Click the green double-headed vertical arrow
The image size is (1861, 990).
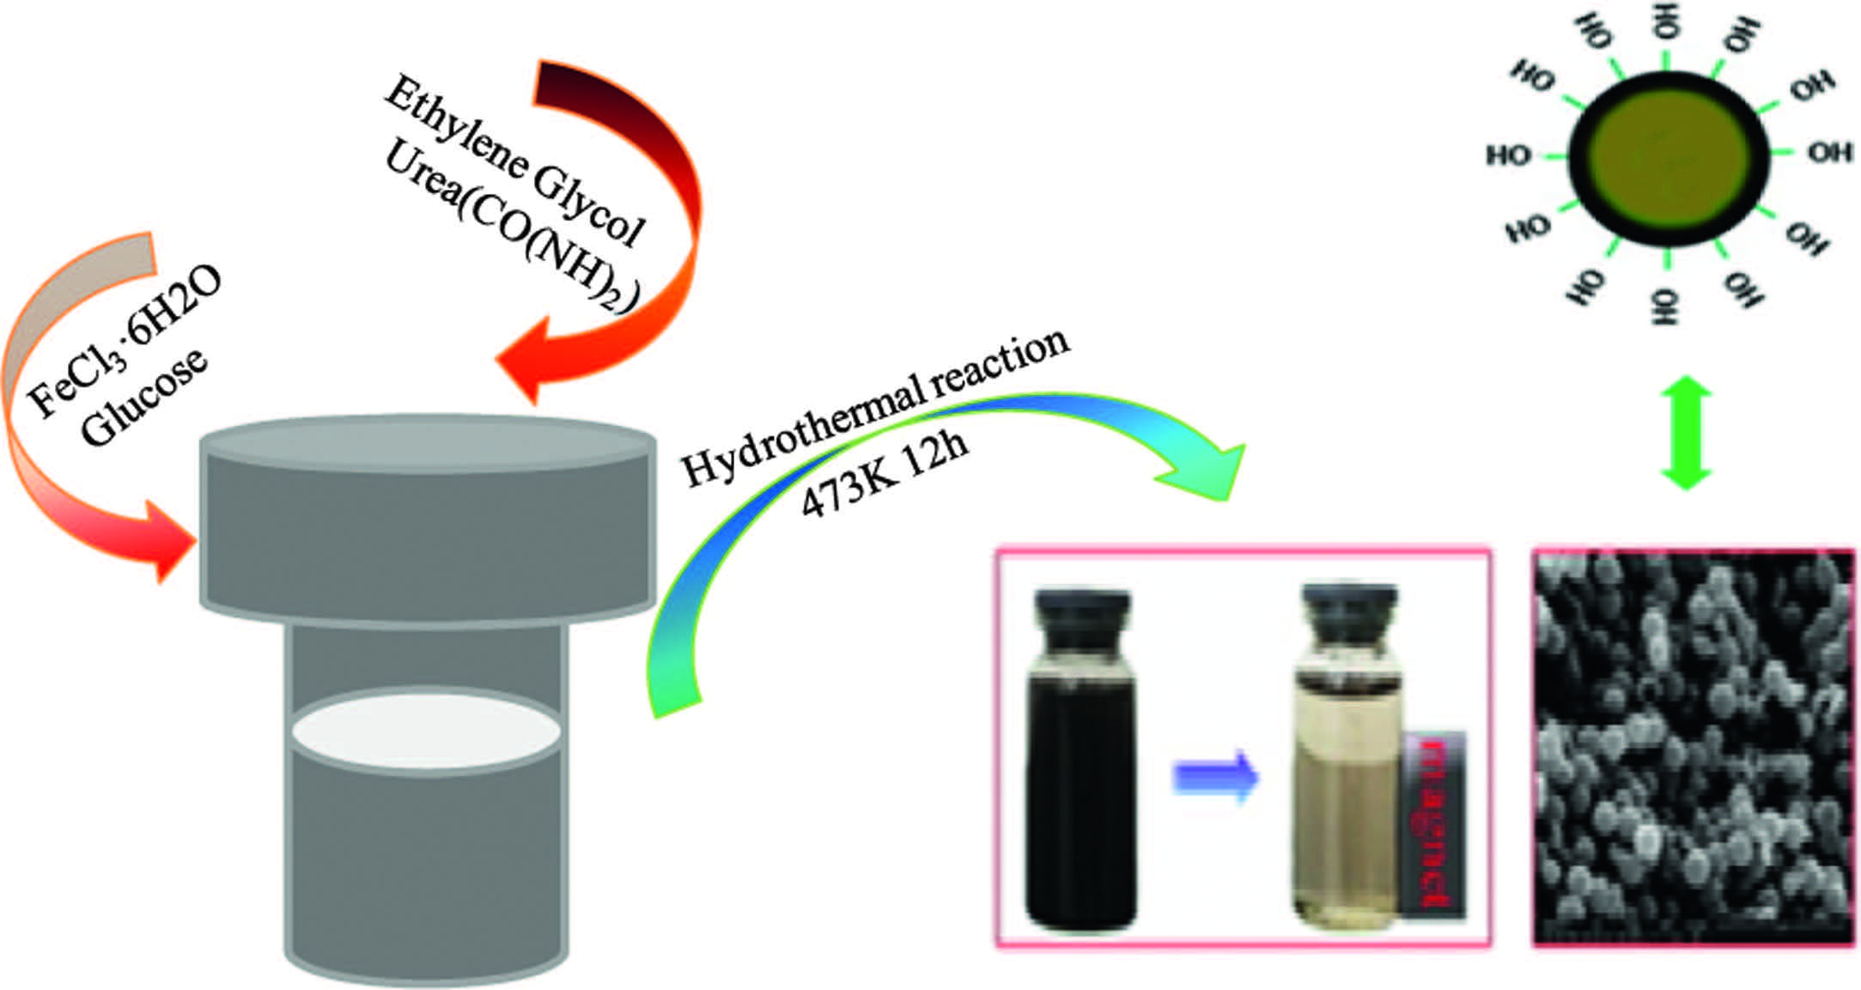[1686, 434]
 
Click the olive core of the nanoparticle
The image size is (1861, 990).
[1667, 155]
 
